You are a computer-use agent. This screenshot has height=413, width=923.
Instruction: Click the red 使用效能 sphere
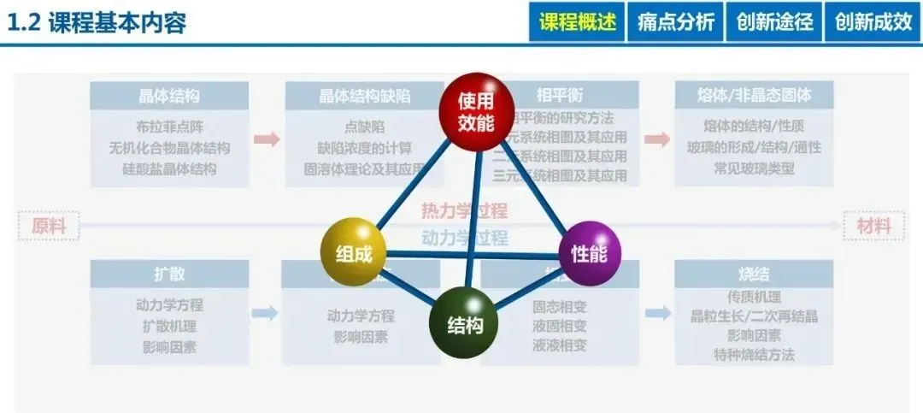click(475, 113)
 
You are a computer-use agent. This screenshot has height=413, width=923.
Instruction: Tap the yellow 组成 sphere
click(353, 252)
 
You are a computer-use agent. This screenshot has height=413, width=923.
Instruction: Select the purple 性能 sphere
click(589, 252)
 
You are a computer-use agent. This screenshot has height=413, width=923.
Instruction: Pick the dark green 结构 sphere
click(464, 325)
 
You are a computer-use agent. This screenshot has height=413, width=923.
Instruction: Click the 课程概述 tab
click(577, 22)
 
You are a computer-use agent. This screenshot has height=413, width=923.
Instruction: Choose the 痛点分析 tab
click(676, 22)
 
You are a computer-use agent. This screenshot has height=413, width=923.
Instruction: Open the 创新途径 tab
click(774, 22)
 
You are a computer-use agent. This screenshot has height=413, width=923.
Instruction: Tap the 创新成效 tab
click(873, 22)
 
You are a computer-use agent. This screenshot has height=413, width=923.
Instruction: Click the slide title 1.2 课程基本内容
click(96, 23)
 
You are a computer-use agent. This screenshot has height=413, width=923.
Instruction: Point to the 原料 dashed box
click(49, 227)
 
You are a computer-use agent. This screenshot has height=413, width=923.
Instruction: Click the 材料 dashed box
click(873, 227)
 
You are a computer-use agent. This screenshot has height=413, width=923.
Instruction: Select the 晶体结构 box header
click(169, 96)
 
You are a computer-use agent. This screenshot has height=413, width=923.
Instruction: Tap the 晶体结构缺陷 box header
click(365, 96)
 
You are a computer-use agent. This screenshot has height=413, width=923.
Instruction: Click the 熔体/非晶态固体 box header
click(754, 96)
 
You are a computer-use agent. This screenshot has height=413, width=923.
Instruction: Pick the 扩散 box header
click(169, 274)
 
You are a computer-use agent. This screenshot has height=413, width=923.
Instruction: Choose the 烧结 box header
click(754, 274)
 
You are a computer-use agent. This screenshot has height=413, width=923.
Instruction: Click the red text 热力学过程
click(464, 211)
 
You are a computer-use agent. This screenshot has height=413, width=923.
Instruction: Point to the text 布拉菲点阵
click(169, 127)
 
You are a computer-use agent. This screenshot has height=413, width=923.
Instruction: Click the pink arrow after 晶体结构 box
click(267, 139)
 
